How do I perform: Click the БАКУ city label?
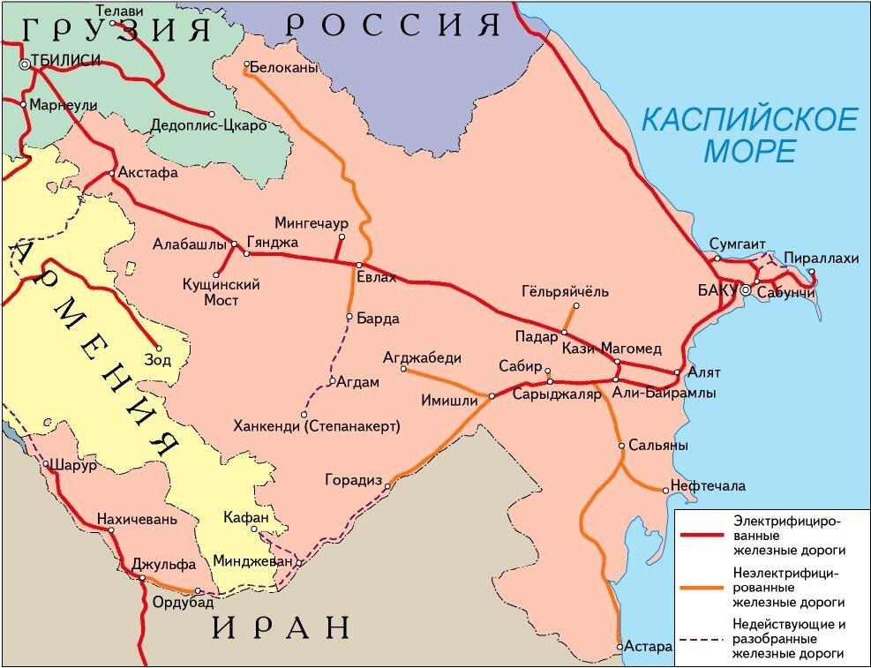(716, 289)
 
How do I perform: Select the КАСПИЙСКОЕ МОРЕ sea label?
(749, 134)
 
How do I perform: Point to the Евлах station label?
(377, 278)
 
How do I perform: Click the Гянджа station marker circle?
(246, 253)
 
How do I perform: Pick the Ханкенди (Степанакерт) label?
(317, 427)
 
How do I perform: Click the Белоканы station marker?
(246, 64)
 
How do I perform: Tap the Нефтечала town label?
(708, 486)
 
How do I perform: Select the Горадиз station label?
(353, 481)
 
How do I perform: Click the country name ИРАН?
(282, 627)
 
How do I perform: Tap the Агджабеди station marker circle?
(403, 370)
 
